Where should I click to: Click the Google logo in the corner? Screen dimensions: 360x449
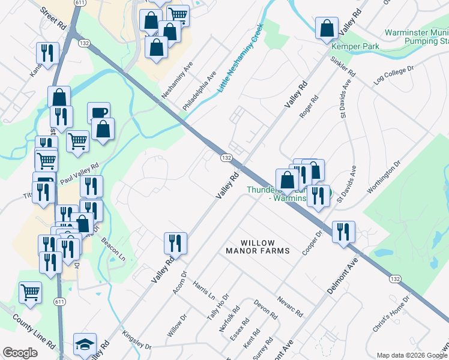coord(20,353)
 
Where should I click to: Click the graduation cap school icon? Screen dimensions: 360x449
coord(85,343)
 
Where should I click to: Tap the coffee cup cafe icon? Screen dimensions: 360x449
coord(98,112)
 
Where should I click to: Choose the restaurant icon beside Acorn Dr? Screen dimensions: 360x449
coord(175,242)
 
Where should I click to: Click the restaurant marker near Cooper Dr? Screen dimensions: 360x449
coord(343,231)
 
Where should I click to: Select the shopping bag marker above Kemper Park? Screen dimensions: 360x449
coord(327,28)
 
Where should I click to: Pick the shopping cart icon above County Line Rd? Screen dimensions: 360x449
coord(30,292)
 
